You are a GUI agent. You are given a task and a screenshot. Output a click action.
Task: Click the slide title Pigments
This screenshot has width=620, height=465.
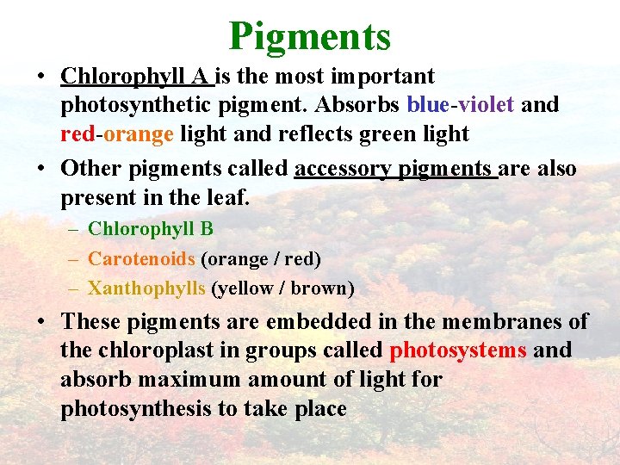[x=310, y=35]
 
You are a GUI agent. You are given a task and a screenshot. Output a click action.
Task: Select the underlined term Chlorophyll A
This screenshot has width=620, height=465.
[x=135, y=76]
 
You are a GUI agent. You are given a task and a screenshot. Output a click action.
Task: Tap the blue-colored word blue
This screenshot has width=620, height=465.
[x=427, y=105]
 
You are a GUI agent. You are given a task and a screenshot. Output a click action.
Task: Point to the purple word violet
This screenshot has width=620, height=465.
[x=485, y=105]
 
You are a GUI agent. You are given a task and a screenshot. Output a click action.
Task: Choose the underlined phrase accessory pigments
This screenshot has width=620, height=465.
[x=395, y=168]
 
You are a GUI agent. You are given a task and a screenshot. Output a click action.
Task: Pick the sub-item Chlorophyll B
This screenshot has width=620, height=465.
[x=151, y=229]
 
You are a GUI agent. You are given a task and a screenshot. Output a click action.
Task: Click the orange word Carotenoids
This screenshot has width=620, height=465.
[x=141, y=258]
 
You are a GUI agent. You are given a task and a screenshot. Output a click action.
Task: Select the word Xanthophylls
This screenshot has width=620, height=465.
[x=146, y=288]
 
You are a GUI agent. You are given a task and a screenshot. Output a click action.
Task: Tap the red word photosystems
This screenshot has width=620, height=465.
[x=458, y=350]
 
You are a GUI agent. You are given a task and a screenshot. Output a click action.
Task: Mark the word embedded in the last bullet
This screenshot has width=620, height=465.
[x=315, y=321]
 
